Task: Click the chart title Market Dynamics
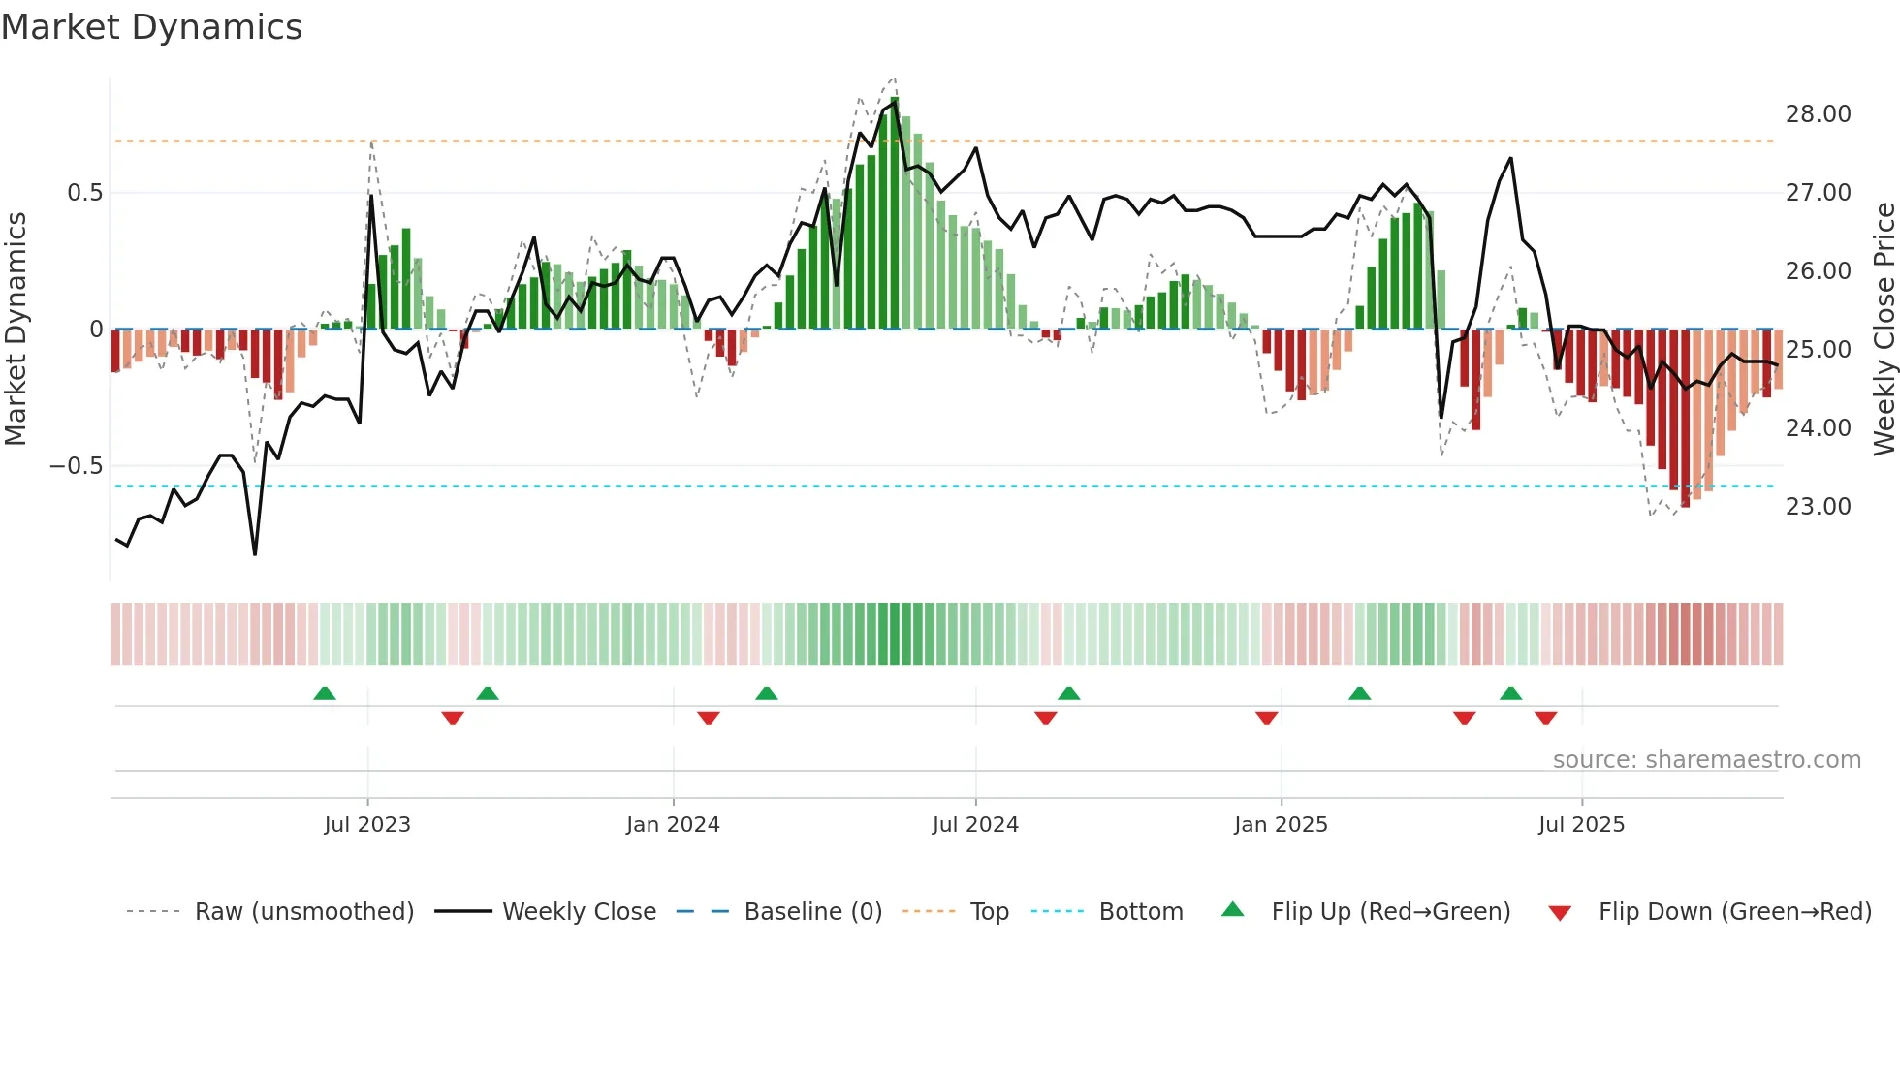click(x=151, y=27)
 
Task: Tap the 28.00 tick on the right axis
click(x=1818, y=114)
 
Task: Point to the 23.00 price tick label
click(x=1818, y=507)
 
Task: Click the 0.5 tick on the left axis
click(x=84, y=193)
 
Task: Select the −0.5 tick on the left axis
click(x=76, y=466)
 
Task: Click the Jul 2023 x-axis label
click(x=367, y=825)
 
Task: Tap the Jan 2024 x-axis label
click(x=673, y=825)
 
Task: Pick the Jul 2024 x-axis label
click(x=975, y=825)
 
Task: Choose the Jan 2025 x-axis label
click(x=1281, y=825)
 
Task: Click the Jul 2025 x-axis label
click(x=1581, y=825)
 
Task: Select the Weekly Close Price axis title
click(x=1884, y=330)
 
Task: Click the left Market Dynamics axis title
click(x=16, y=330)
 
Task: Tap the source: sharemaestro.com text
click(x=1706, y=760)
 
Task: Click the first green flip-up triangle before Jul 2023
click(x=325, y=694)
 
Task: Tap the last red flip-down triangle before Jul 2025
click(x=1545, y=718)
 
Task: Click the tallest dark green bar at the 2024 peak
click(x=894, y=213)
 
